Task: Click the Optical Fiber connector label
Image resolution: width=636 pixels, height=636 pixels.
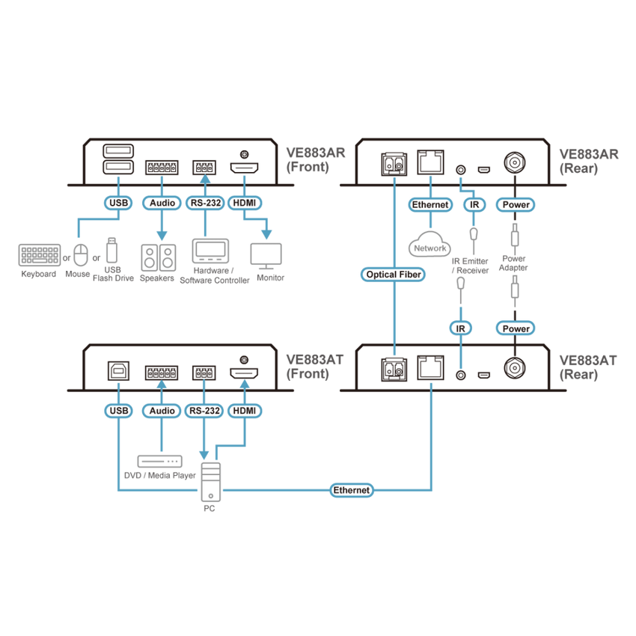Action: (x=393, y=275)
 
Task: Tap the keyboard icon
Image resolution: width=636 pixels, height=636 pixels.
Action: (x=40, y=254)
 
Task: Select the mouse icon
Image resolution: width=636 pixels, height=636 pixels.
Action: (x=81, y=254)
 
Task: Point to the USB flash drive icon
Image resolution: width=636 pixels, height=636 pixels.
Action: (x=112, y=250)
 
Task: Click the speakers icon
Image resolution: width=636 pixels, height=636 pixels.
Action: (x=158, y=257)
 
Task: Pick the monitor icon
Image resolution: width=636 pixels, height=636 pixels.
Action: (x=266, y=256)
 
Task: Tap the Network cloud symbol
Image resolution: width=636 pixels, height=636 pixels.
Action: (x=429, y=244)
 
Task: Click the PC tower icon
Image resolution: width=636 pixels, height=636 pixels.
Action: (x=211, y=482)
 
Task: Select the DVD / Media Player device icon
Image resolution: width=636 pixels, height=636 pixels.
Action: (x=160, y=462)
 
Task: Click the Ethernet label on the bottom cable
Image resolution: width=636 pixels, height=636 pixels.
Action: (x=351, y=490)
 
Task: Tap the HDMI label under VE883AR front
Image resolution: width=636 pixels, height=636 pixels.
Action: (x=245, y=203)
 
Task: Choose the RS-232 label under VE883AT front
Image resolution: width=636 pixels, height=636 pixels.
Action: (x=204, y=411)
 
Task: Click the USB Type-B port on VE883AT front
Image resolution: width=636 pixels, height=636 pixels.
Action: (x=118, y=370)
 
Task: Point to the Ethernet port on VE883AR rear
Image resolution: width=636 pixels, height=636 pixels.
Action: (x=430, y=162)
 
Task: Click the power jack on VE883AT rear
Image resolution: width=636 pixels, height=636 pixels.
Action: (x=515, y=368)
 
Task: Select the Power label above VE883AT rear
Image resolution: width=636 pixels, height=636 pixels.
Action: (x=516, y=328)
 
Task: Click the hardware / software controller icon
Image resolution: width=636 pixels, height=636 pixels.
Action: (x=210, y=251)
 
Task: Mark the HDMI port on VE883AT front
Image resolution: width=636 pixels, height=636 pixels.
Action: (x=244, y=373)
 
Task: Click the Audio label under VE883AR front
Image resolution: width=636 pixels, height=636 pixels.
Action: (x=162, y=203)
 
